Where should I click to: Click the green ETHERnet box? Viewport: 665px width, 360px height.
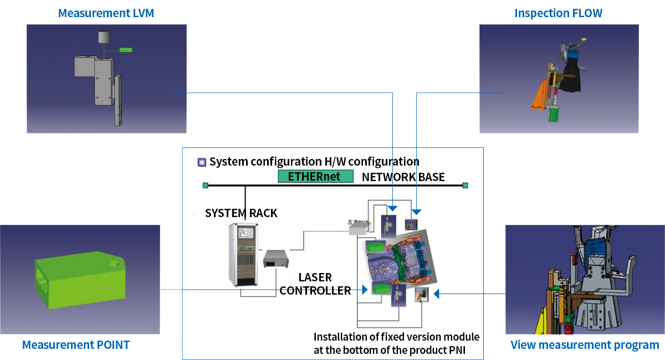316,177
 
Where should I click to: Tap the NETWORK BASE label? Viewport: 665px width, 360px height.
403,177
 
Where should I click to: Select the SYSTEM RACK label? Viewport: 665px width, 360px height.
241,213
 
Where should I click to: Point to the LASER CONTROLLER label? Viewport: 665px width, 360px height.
315,284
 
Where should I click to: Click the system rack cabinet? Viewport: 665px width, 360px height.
243,255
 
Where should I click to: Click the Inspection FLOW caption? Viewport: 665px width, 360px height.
558,13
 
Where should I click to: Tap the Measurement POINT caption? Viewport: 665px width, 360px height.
76,345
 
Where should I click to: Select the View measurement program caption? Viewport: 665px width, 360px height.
585,346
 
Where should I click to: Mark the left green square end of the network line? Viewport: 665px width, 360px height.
206,185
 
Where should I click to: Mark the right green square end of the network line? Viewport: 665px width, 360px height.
465,185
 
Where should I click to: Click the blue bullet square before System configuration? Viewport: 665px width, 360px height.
202,162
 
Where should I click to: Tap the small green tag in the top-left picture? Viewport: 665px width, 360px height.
126,50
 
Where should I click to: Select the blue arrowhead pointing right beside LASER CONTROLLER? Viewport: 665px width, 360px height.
365,290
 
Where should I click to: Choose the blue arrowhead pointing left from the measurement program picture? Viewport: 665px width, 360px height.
436,294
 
